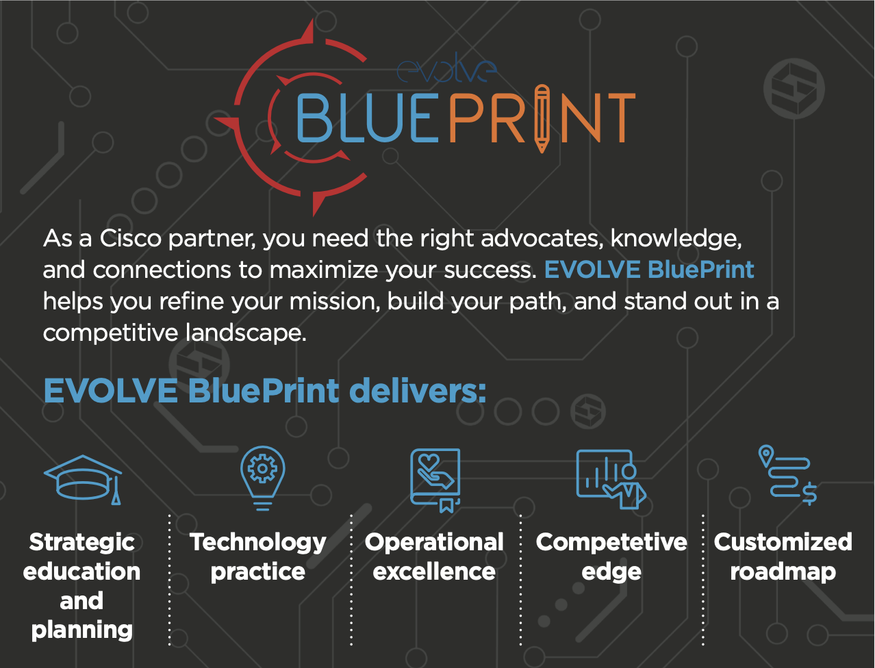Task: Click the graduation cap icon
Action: click(x=83, y=479)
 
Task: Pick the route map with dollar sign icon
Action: click(x=787, y=475)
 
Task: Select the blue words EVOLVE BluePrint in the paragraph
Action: click(x=648, y=270)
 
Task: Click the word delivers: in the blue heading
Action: click(x=417, y=391)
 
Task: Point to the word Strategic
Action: click(x=81, y=542)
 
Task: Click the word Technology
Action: click(x=258, y=542)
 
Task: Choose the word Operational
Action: click(x=434, y=542)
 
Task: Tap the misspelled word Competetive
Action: click(x=611, y=542)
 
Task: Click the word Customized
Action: click(x=783, y=542)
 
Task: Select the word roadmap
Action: click(x=783, y=571)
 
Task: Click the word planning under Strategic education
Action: click(x=81, y=630)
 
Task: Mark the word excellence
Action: click(x=434, y=571)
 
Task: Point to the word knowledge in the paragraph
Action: click(x=675, y=239)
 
